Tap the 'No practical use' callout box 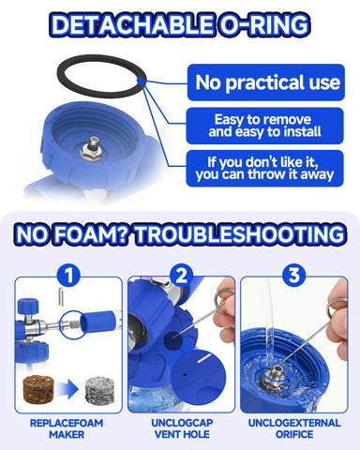click(x=266, y=82)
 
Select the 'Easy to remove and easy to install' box click(x=264, y=126)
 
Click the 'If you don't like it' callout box click(x=264, y=169)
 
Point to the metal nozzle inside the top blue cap click(x=92, y=149)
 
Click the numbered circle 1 click(x=68, y=276)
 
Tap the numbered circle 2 click(x=182, y=276)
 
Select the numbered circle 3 click(x=293, y=276)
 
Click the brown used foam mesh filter click(x=38, y=389)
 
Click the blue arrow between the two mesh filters click(x=68, y=390)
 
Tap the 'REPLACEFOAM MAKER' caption click(x=67, y=428)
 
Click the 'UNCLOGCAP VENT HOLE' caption click(x=182, y=428)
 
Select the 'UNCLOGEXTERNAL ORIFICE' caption click(x=294, y=428)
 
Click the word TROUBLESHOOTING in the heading click(x=240, y=234)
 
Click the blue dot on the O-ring click(x=141, y=81)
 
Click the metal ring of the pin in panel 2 click(x=224, y=293)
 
